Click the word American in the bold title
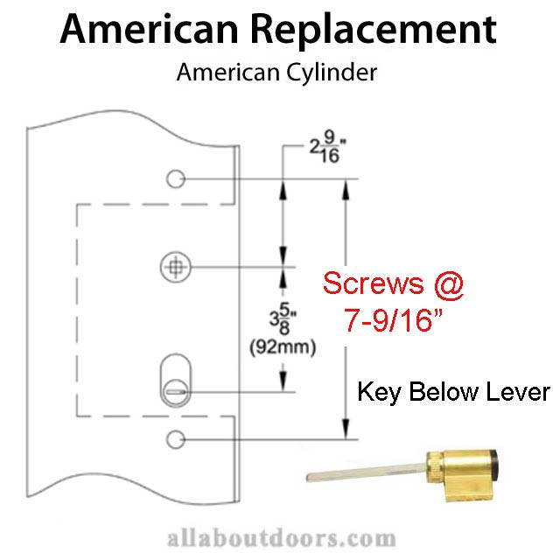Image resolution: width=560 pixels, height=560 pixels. pos(145,31)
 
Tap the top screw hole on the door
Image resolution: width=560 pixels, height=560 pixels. pos(176,179)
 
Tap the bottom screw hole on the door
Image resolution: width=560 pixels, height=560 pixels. pos(176,437)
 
